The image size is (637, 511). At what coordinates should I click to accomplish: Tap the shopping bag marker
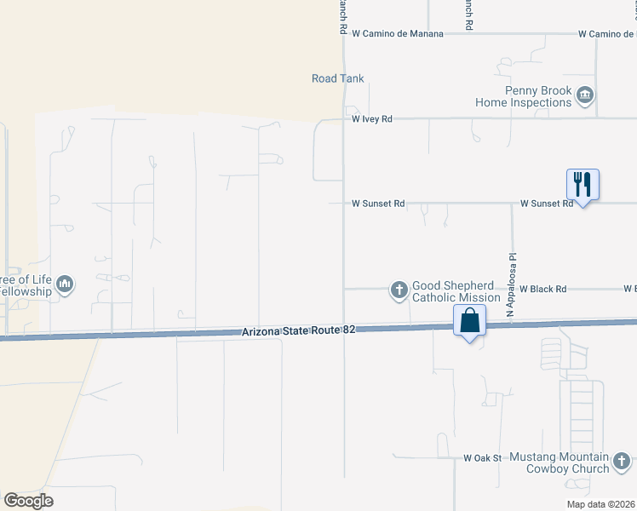pyautogui.click(x=469, y=322)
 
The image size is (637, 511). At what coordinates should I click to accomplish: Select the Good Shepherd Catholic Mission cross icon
pyautogui.click(x=399, y=290)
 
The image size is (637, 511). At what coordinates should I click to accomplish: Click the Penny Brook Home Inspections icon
pyautogui.click(x=585, y=95)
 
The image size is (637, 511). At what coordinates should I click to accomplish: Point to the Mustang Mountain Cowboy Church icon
pyautogui.click(x=623, y=462)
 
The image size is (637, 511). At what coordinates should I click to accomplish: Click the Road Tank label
pyautogui.click(x=337, y=78)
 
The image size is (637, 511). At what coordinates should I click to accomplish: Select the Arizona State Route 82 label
pyautogui.click(x=297, y=330)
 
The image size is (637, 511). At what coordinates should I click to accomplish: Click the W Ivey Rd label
pyautogui.click(x=372, y=120)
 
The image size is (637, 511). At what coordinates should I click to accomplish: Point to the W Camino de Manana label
pyautogui.click(x=398, y=34)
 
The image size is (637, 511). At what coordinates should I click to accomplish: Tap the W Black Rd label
pyautogui.click(x=542, y=290)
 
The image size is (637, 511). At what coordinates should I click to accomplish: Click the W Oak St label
pyautogui.click(x=482, y=458)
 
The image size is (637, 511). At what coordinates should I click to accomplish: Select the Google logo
pyautogui.click(x=28, y=501)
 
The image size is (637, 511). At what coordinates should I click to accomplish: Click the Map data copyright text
pyautogui.click(x=600, y=504)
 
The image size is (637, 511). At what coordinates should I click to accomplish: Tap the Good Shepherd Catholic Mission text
pyautogui.click(x=456, y=291)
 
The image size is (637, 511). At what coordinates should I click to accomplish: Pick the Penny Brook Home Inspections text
pyautogui.click(x=523, y=96)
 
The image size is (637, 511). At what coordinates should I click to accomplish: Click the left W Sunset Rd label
pyautogui.click(x=378, y=204)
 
